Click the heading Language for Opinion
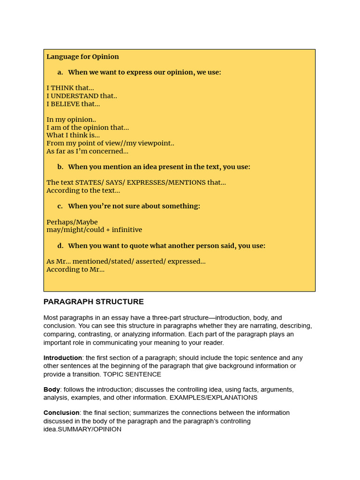82,57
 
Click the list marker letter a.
60,72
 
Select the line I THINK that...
70,88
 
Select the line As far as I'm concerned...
87,151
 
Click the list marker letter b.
60,167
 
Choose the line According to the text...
83,190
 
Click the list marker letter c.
60,206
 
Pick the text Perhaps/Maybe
72,222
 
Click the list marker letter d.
60,246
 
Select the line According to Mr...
75,270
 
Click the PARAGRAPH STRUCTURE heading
94,302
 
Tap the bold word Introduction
63,358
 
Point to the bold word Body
52,390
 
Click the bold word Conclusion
61,413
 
